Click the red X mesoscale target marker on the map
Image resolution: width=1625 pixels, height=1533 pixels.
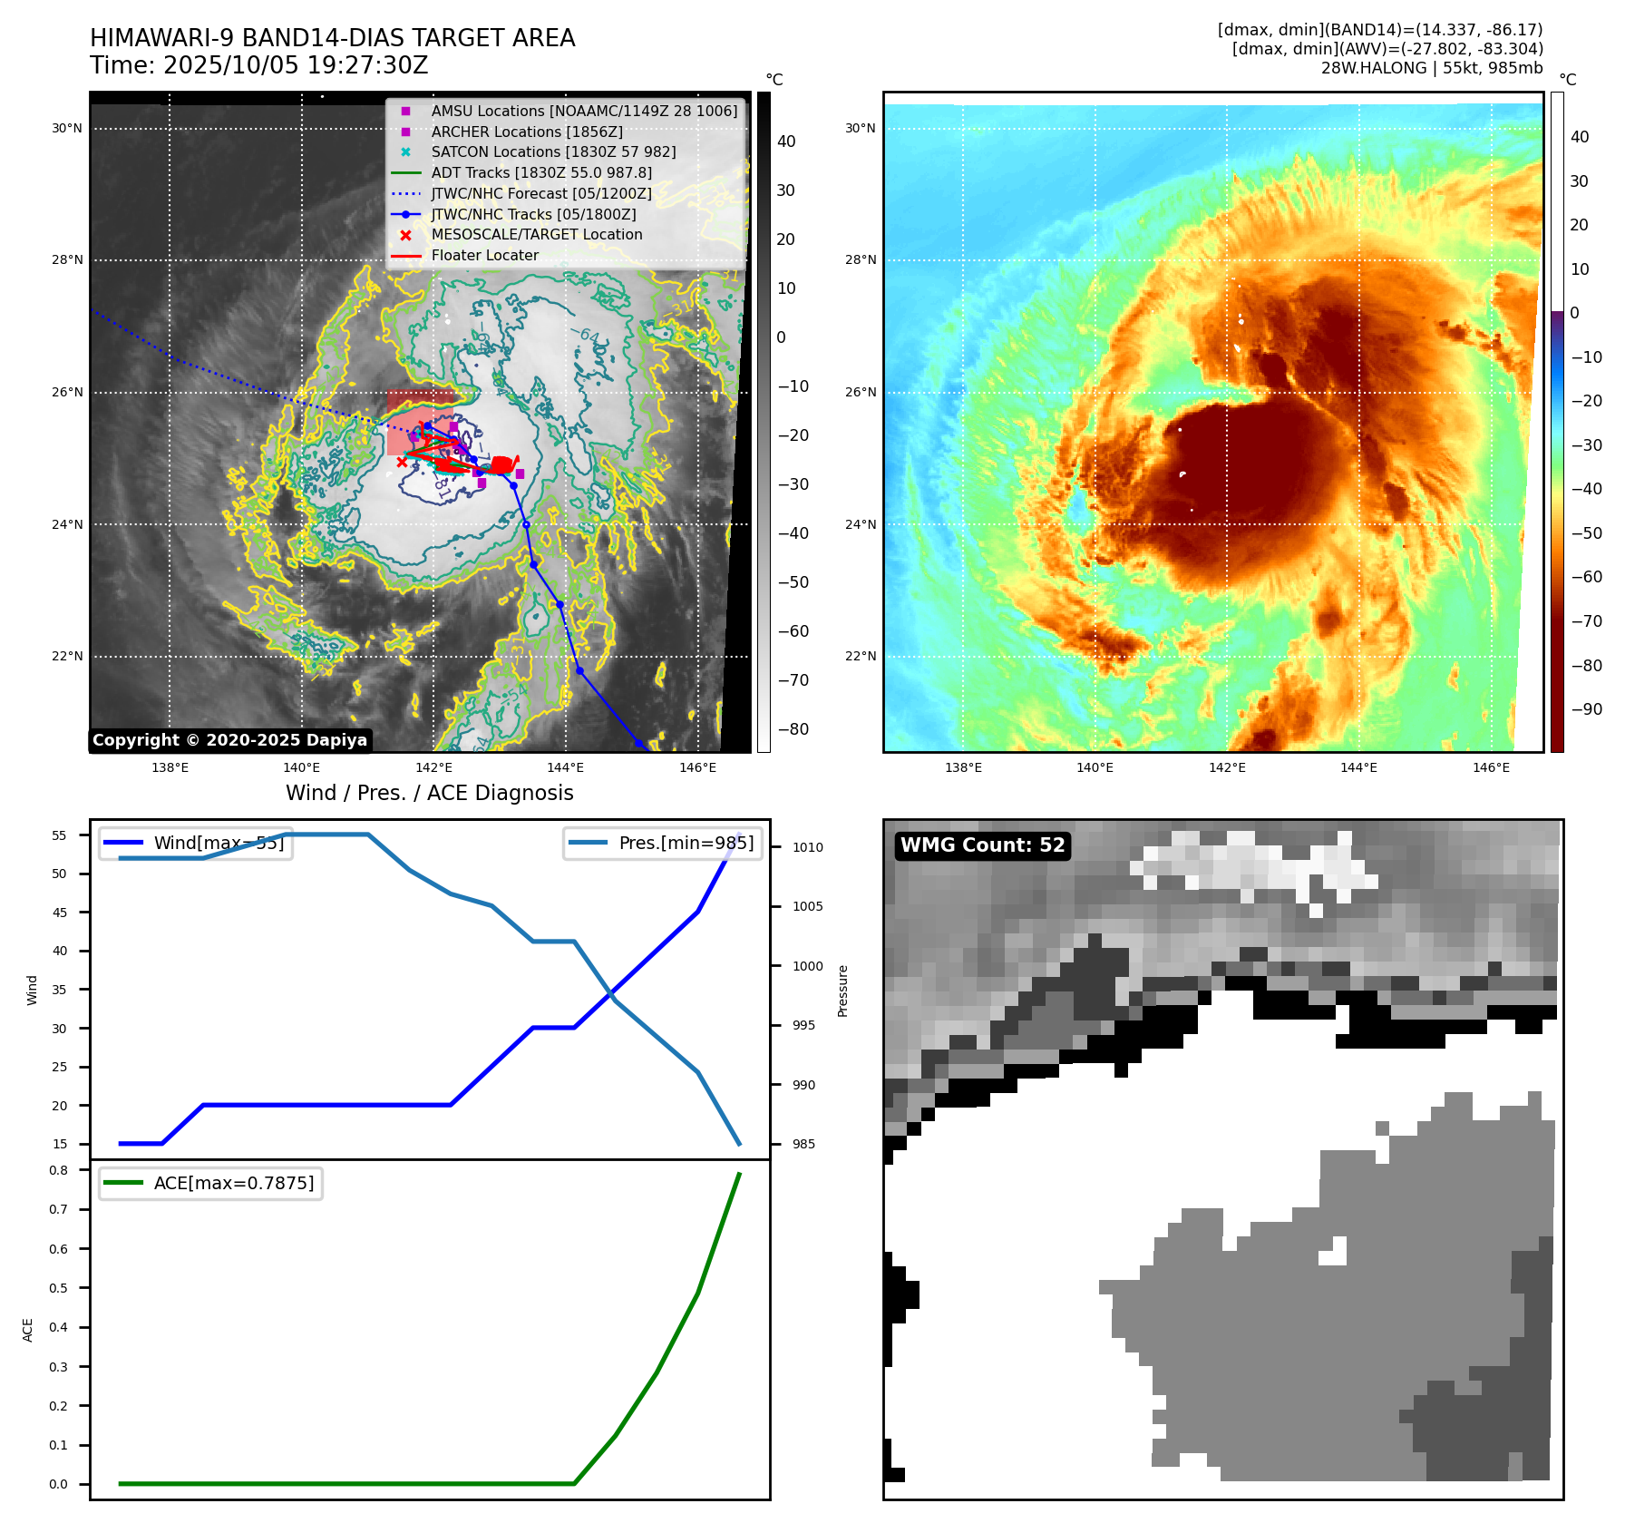(403, 462)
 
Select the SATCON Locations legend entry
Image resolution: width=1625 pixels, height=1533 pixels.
(553, 152)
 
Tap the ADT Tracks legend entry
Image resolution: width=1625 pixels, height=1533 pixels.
(541, 173)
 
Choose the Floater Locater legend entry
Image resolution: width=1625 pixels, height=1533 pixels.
(484, 256)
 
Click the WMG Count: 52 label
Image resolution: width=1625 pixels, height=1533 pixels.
(982, 845)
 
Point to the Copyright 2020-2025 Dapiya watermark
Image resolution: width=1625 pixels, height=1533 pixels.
(229, 740)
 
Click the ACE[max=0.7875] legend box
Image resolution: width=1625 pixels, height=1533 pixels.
(210, 1183)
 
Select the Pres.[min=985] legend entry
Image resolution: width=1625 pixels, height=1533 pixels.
(661, 843)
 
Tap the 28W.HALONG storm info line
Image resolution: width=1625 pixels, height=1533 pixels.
(1431, 68)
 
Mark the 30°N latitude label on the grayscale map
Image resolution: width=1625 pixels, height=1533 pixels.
(67, 129)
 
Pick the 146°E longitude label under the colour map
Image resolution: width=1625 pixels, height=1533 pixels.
(1491, 767)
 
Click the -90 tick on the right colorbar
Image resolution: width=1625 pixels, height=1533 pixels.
(1586, 709)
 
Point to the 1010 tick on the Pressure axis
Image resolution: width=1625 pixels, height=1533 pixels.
(807, 847)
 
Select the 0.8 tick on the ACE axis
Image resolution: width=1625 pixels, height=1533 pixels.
(59, 1170)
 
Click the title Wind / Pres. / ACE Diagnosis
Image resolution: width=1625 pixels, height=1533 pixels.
(429, 793)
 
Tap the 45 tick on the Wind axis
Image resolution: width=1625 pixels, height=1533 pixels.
(60, 913)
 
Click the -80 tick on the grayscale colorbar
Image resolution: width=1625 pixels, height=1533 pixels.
(793, 729)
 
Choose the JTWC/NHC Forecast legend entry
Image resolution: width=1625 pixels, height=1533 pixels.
(541, 194)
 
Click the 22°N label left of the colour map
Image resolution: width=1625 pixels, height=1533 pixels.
(861, 657)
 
